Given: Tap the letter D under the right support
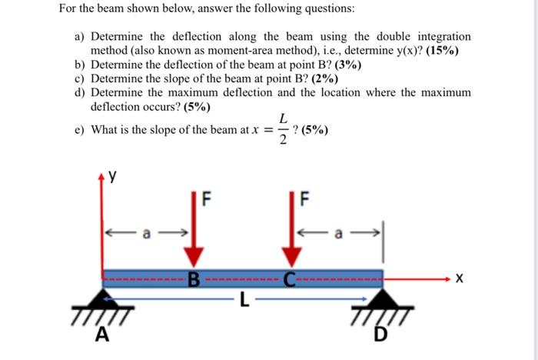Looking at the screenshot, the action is coord(382,335).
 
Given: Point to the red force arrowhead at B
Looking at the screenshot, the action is coord(194,258).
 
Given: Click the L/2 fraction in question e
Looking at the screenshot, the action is coord(283,128).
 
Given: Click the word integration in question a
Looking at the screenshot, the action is coord(442,36).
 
